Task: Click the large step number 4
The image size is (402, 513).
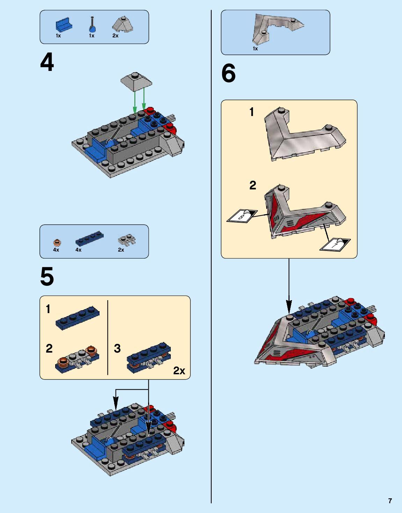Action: (47, 62)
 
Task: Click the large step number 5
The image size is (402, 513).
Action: (47, 276)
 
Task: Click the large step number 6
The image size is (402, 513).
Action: (228, 73)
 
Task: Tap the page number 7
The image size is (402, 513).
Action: (390, 500)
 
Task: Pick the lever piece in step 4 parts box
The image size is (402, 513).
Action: (92, 24)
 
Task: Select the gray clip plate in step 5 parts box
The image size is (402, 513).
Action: (127, 240)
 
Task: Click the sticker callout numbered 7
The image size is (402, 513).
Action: (335, 245)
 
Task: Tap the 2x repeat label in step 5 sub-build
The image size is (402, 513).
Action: (179, 371)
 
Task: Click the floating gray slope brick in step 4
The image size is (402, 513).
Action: (136, 82)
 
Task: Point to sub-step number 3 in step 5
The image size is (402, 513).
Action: (117, 348)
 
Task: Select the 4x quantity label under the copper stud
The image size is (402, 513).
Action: (56, 250)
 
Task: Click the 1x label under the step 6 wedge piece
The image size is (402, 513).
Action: (255, 49)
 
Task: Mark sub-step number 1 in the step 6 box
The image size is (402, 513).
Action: (252, 112)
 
